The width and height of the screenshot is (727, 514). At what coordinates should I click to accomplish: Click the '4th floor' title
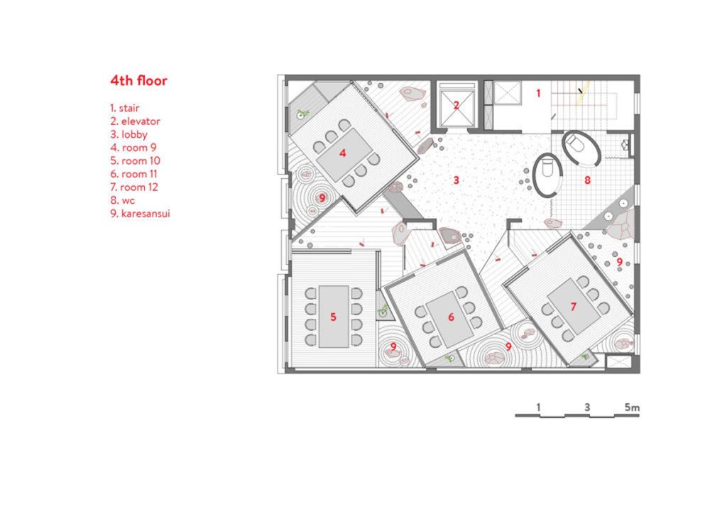pos(138,81)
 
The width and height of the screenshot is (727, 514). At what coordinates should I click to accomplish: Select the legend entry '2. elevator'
pos(135,121)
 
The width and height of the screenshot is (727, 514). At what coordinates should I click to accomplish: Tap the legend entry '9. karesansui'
pos(140,214)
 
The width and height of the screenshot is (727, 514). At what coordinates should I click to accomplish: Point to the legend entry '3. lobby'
pos(129,135)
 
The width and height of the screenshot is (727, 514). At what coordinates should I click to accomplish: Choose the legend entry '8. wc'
pos(122,201)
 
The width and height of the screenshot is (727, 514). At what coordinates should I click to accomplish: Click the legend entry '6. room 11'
pos(133,174)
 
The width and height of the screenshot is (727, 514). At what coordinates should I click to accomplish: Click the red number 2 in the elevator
pos(457,106)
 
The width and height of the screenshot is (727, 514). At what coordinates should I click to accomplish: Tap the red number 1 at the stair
pos(538,94)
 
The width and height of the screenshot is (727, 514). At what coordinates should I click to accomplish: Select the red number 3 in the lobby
pos(457,180)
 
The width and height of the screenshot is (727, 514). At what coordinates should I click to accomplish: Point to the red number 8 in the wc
pos(587,180)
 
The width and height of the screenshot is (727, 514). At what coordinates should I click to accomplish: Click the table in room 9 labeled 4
pos(344,155)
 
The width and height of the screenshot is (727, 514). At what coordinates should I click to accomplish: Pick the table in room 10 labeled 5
pos(334,317)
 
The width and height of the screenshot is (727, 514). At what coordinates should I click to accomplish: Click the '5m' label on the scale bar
pos(632,408)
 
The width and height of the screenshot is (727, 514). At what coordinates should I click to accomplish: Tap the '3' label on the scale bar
pos(587,408)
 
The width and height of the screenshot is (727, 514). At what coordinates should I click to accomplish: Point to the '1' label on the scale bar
pos(538,408)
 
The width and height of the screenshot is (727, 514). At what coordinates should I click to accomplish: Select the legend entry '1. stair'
pos(125,109)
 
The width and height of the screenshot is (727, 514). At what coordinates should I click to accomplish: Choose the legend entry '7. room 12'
pos(134,187)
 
